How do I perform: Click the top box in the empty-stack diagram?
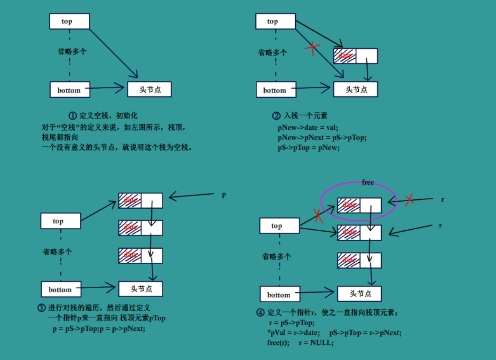coord(69,21)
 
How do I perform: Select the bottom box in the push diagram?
coord(276,90)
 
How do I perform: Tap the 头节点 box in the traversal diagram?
coord(141,289)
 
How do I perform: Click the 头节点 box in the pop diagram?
coord(359,294)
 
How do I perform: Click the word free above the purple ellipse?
coord(368,182)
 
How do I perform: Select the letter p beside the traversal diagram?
coord(224,195)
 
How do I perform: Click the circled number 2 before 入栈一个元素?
coord(276,116)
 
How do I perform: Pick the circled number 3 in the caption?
coord(41,308)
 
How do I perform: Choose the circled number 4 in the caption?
coord(260,313)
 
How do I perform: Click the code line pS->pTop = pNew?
coord(308,148)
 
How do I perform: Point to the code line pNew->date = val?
coord(308,127)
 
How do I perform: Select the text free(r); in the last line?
coord(278,343)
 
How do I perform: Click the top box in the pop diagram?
coord(279,226)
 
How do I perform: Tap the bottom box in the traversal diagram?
coord(61,290)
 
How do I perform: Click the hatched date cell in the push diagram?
coord(345,55)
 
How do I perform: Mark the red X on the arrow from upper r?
coord(409,199)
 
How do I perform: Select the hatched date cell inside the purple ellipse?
coord(349,205)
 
